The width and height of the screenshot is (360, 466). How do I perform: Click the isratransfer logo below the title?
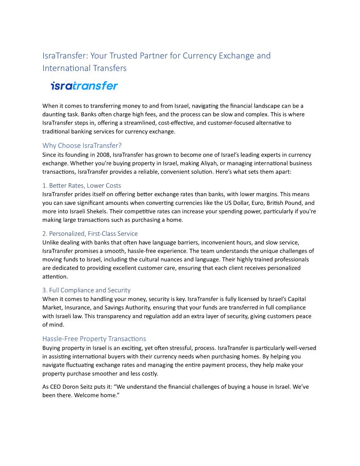tap(84, 86)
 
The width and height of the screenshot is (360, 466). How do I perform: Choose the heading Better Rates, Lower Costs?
tap(82, 185)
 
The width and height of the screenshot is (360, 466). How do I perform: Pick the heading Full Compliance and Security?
tap(86, 290)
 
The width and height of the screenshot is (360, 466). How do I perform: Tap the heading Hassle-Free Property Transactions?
tap(94, 338)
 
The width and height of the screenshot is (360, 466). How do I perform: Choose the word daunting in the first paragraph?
tap(55, 114)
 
